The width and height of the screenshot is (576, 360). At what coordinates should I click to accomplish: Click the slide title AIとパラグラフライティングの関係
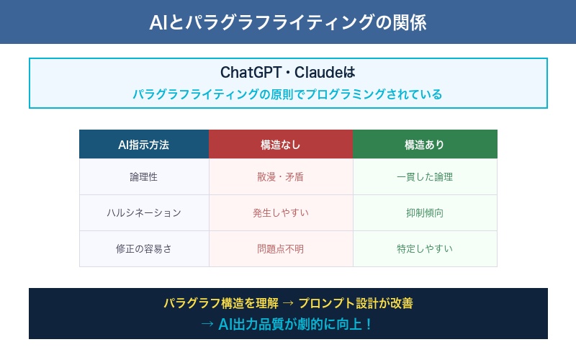pyautogui.click(x=288, y=22)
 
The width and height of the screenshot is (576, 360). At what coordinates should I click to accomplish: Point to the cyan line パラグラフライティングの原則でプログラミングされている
pyautogui.click(x=288, y=94)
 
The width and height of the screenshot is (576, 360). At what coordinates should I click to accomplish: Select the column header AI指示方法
pyautogui.click(x=144, y=144)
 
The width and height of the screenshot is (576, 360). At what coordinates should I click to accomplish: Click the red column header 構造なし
pyautogui.click(x=281, y=144)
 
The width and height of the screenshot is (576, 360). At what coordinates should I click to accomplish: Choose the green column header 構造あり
pyautogui.click(x=425, y=144)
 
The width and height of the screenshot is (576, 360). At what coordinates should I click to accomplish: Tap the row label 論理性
pyautogui.click(x=144, y=176)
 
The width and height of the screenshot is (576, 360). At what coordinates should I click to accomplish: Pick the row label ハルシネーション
pyautogui.click(x=144, y=212)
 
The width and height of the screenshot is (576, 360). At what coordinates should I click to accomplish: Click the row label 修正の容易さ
pyautogui.click(x=144, y=248)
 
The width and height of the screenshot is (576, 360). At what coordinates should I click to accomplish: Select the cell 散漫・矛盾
pyautogui.click(x=281, y=176)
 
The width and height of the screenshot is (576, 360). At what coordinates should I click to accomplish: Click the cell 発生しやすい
pyautogui.click(x=281, y=212)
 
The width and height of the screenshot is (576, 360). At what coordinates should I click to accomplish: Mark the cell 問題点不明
pyautogui.click(x=281, y=248)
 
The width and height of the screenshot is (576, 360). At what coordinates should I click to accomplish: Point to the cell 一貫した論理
pyautogui.click(x=425, y=176)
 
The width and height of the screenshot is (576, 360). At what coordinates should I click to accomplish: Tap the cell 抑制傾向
pyautogui.click(x=425, y=212)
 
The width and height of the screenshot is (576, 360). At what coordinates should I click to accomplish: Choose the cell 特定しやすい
pyautogui.click(x=425, y=248)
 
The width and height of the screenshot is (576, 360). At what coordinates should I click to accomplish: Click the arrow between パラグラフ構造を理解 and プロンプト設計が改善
pyautogui.click(x=286, y=303)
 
